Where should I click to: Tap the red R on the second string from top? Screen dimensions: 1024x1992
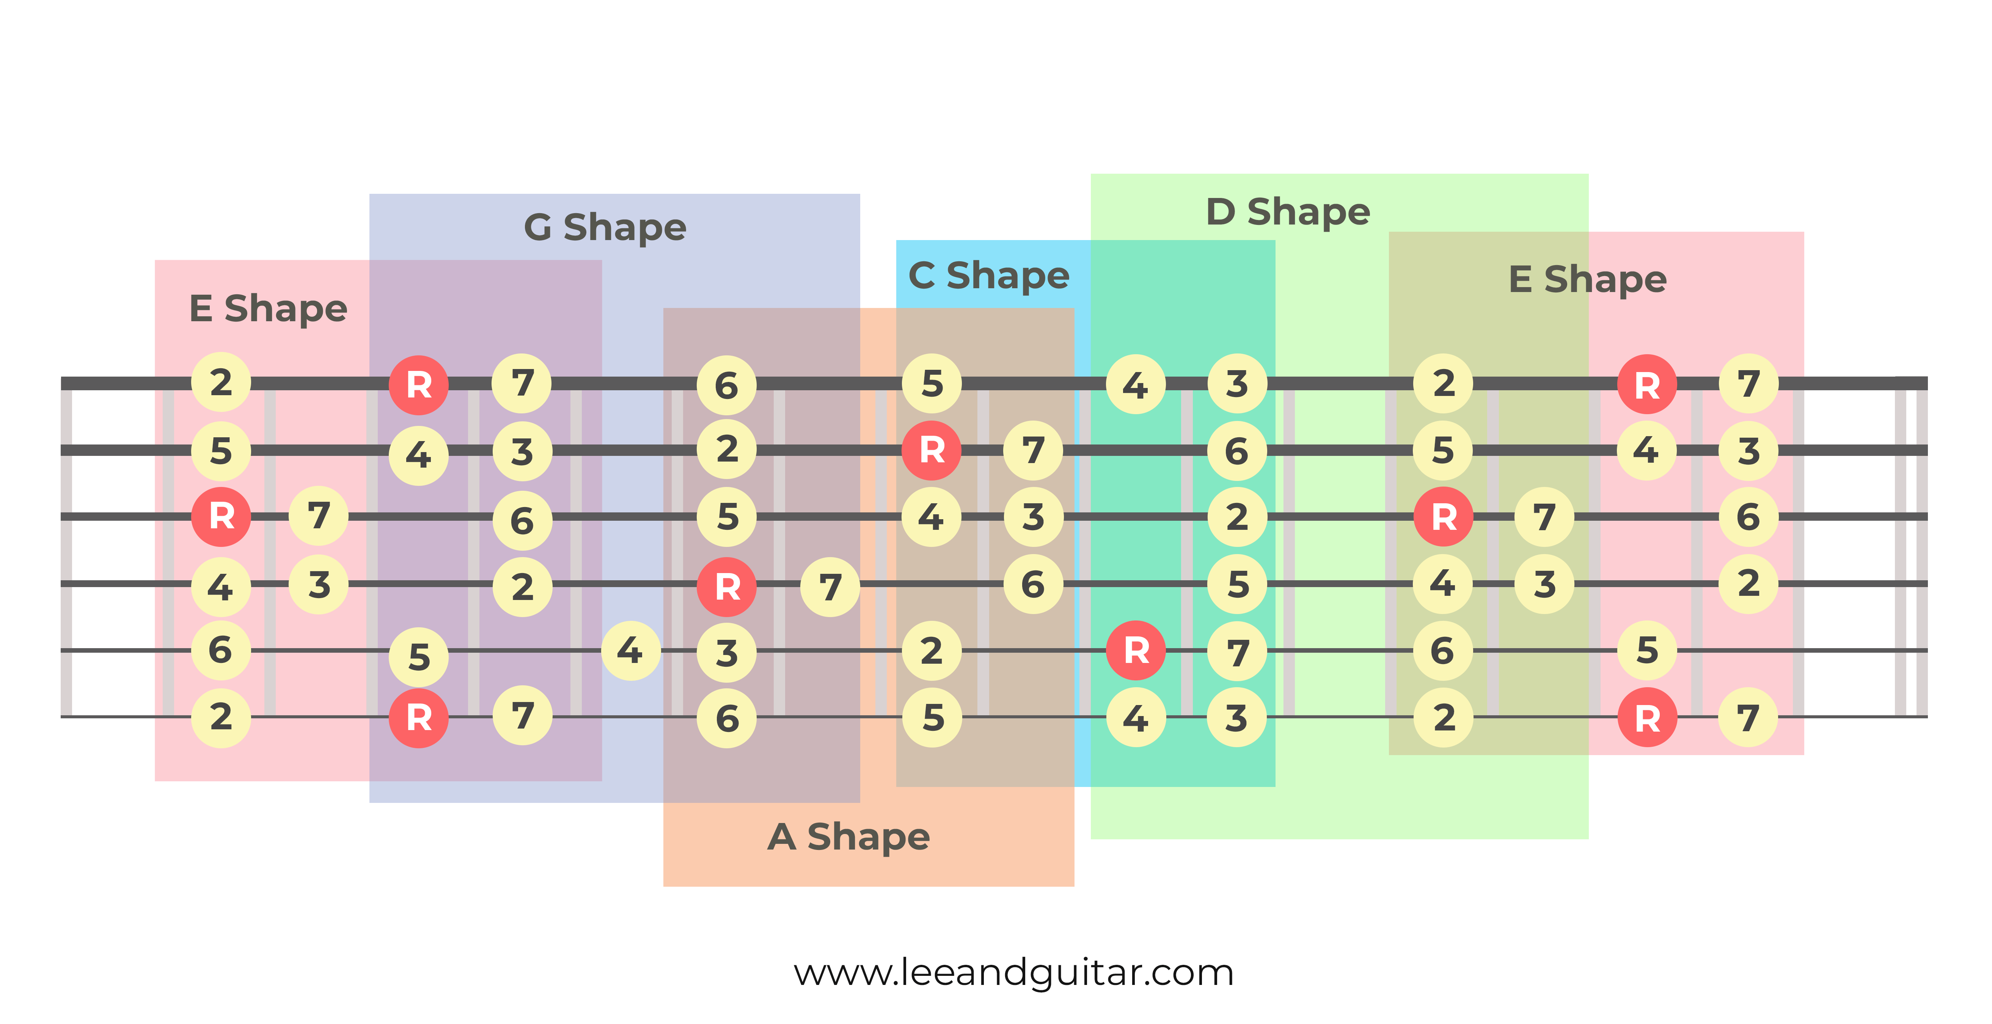(932, 450)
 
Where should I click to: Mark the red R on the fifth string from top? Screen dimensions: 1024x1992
(1135, 650)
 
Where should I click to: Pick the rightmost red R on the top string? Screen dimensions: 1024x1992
(1647, 385)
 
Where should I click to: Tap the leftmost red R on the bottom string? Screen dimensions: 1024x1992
(418, 718)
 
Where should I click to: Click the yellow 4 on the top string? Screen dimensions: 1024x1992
(1135, 385)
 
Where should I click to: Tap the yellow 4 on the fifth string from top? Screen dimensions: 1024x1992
(630, 650)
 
